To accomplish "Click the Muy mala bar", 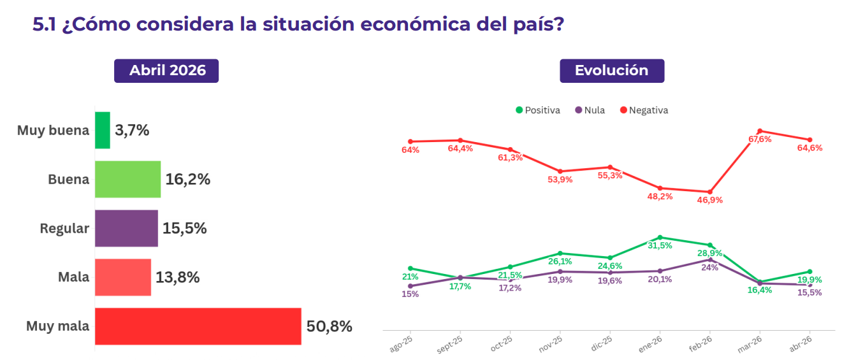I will click(198, 326).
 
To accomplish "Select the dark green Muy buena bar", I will click(103, 131).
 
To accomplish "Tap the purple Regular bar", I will click(126, 228).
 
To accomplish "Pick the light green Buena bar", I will click(127, 179).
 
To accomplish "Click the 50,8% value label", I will click(329, 327).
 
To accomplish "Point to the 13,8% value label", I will click(177, 278).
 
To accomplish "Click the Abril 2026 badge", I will click(166, 71).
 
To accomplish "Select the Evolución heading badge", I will click(612, 71).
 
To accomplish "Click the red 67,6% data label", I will click(760, 139).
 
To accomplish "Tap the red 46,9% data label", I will click(710, 200).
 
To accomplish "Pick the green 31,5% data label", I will click(660, 245).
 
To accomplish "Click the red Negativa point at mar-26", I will click(760, 131).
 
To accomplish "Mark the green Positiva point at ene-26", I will click(660, 237).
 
